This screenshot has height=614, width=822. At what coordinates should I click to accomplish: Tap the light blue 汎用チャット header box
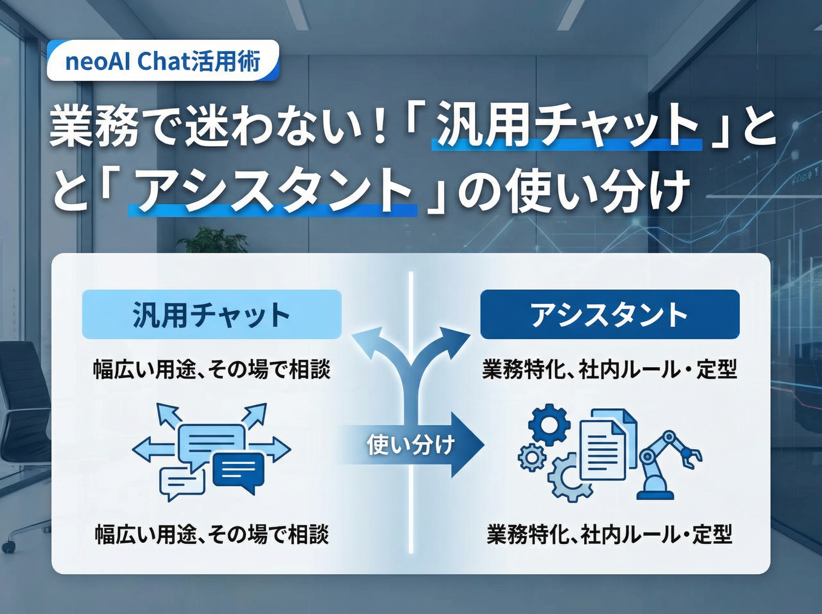(211, 315)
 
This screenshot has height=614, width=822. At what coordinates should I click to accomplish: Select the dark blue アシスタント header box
(610, 315)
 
